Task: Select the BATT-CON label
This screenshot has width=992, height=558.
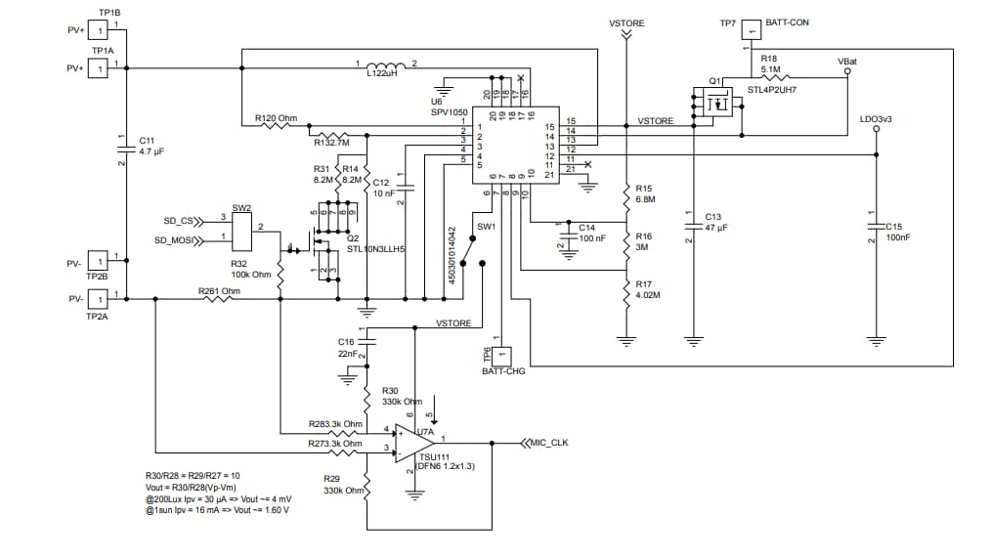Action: (x=787, y=21)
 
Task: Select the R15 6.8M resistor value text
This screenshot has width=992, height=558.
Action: (x=644, y=199)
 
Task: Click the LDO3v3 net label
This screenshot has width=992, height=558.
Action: (x=875, y=118)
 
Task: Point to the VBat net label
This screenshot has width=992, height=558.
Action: (x=848, y=61)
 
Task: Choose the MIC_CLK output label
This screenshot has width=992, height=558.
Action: (x=549, y=443)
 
